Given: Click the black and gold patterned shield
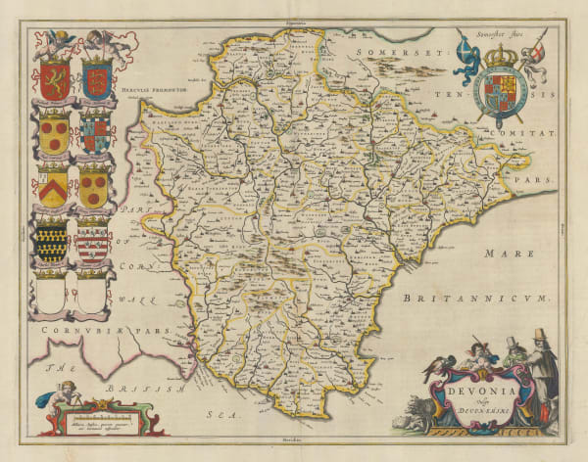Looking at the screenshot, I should tap(53, 238).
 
